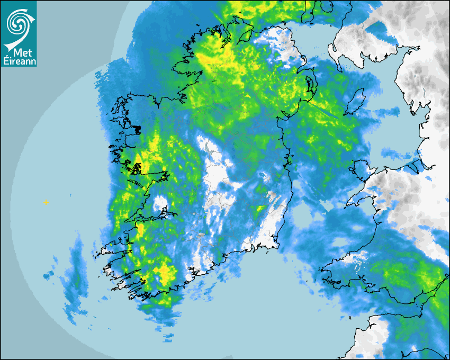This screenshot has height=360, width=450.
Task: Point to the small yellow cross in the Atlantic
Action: (x=46, y=202)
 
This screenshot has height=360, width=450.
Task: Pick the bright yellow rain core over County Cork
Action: (x=165, y=273)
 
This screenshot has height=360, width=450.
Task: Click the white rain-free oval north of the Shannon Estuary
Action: (x=160, y=204)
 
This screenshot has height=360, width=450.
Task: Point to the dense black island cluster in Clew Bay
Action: (x=136, y=129)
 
